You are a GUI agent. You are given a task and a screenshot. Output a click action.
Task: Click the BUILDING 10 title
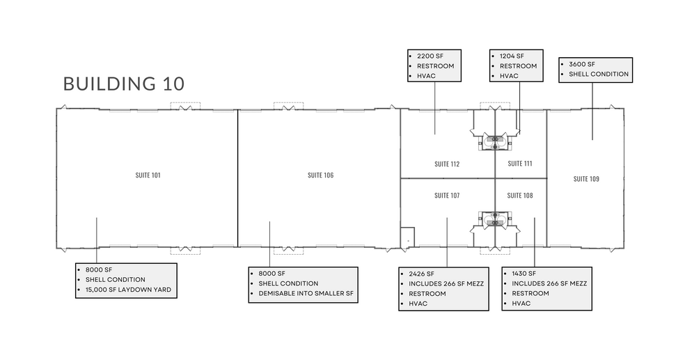tap(124, 84)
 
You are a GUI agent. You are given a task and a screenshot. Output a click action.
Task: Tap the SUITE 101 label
tap(148, 175)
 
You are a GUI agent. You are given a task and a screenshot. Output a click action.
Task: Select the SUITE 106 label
tap(320, 175)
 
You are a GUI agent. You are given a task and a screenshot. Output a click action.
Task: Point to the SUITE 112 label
tap(446, 164)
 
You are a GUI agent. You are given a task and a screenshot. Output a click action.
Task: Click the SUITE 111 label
tap(520, 164)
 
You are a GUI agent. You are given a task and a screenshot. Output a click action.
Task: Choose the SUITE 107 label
tap(446, 196)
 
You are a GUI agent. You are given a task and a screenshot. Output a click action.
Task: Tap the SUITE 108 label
tap(520, 196)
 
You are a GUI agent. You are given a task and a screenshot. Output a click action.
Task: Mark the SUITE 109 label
tap(586, 179)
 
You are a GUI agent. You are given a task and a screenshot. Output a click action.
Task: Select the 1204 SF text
tap(511, 56)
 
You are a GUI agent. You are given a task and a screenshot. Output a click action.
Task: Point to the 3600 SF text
tap(582, 64)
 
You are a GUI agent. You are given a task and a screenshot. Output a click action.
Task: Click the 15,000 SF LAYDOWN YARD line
tap(129, 289)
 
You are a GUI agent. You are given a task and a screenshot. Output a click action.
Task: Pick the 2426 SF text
tap(421, 274)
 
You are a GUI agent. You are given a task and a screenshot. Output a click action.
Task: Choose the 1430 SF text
tap(523, 274)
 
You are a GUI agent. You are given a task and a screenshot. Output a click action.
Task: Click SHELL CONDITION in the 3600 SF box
tap(599, 74)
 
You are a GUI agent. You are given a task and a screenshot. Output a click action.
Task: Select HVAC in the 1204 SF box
tap(509, 75)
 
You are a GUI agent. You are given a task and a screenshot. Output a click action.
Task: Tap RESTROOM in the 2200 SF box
tap(435, 65)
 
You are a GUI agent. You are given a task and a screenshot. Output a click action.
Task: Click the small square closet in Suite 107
tap(407, 237)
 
